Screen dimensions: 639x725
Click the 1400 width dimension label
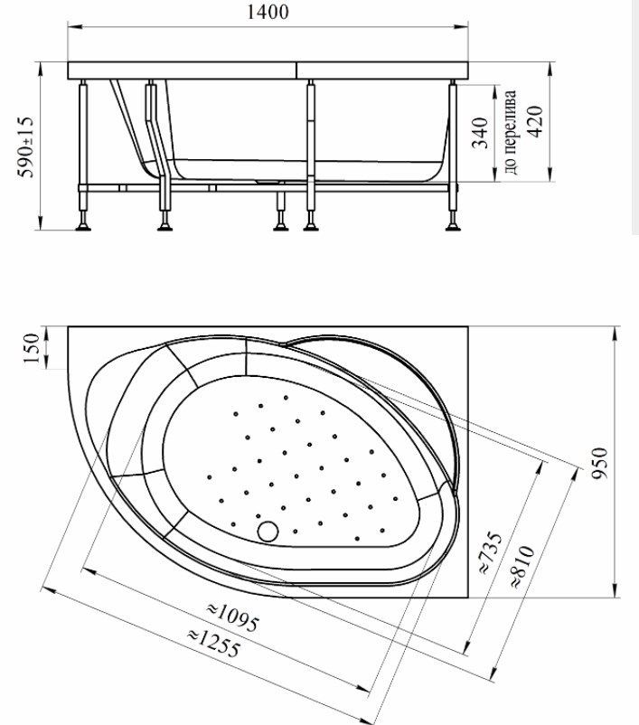pos(268,12)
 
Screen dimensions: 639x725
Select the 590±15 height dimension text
pos(26,147)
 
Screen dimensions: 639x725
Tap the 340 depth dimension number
pos(480,133)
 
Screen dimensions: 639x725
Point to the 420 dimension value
pos(535,122)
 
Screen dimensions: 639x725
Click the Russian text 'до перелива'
pos(510,132)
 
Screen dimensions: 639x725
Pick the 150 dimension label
pos(32,348)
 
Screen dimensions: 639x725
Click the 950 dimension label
pos(600,463)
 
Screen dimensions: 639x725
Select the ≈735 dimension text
pos(491,553)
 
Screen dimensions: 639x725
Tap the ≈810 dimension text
pos(522,568)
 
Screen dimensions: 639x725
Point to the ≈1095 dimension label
pos(232,617)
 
